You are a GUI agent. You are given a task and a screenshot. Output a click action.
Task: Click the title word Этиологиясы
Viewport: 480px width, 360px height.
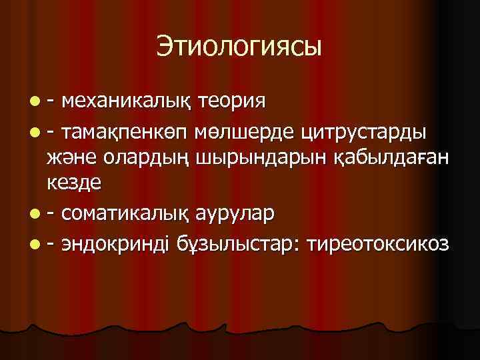coord(239,46)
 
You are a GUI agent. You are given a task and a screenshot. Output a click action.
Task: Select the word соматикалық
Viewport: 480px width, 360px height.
coord(126,215)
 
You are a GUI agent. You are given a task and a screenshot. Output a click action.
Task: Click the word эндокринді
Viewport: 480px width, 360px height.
coord(117,243)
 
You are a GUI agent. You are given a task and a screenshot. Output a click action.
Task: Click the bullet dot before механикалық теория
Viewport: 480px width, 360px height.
coord(33,102)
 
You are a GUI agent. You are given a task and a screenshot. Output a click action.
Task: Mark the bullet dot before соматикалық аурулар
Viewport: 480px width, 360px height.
coord(33,215)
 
